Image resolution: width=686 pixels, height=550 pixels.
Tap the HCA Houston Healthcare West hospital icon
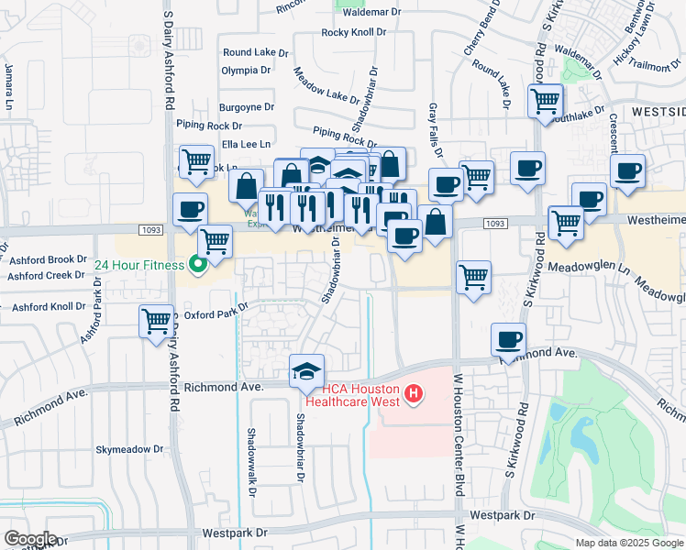[414, 395]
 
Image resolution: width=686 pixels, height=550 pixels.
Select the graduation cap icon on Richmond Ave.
[306, 370]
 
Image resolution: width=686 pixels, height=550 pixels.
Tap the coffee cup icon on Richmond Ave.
[508, 339]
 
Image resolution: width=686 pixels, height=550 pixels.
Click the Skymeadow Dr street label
[129, 450]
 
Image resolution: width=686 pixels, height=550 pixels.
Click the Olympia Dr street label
[246, 70]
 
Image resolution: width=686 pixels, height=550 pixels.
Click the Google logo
[31, 538]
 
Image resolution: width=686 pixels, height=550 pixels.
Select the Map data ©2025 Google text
[628, 543]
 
